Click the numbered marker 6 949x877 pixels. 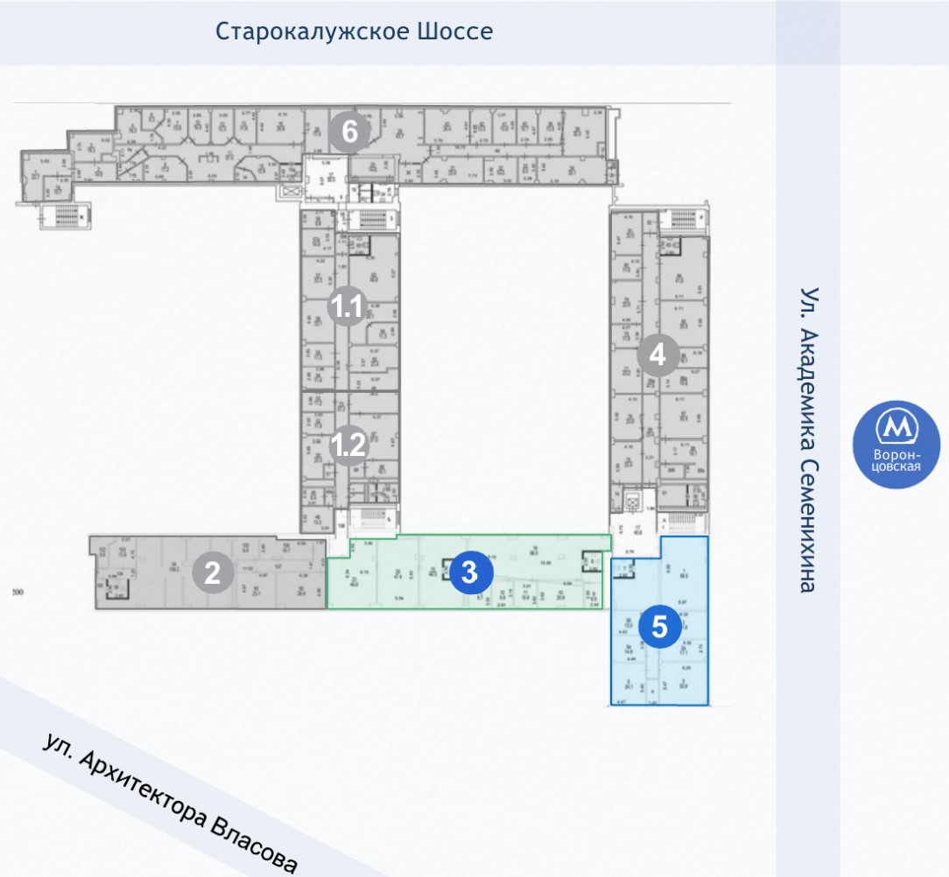click(349, 132)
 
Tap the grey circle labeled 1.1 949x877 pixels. click(346, 307)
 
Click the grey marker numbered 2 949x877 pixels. click(212, 573)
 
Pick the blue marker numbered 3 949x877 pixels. click(469, 572)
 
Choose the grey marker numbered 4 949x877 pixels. click(658, 356)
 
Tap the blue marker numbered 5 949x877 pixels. click(659, 627)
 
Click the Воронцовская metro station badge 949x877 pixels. click(896, 445)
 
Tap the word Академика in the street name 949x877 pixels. click(810, 388)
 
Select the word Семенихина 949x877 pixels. click(810, 525)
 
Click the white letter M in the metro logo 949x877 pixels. click(896, 427)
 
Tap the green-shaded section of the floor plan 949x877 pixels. click(394, 578)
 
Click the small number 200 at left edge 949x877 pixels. click(17, 593)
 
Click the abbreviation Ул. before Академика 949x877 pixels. click(810, 303)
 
